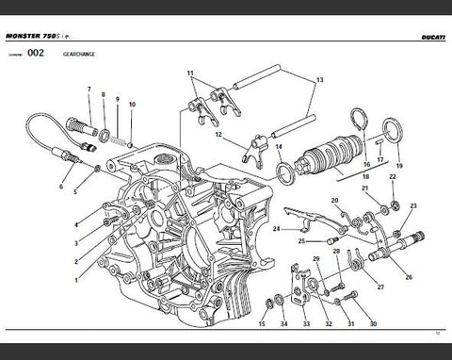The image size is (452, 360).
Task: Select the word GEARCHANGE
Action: click(78, 55)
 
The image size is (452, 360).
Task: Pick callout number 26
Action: click(408, 277)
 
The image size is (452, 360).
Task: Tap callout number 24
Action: click(276, 229)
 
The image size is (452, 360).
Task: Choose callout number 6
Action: click(61, 188)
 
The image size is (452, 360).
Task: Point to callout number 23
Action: click(412, 205)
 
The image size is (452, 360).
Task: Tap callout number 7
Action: click(89, 91)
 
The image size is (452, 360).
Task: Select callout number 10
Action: click(132, 104)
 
